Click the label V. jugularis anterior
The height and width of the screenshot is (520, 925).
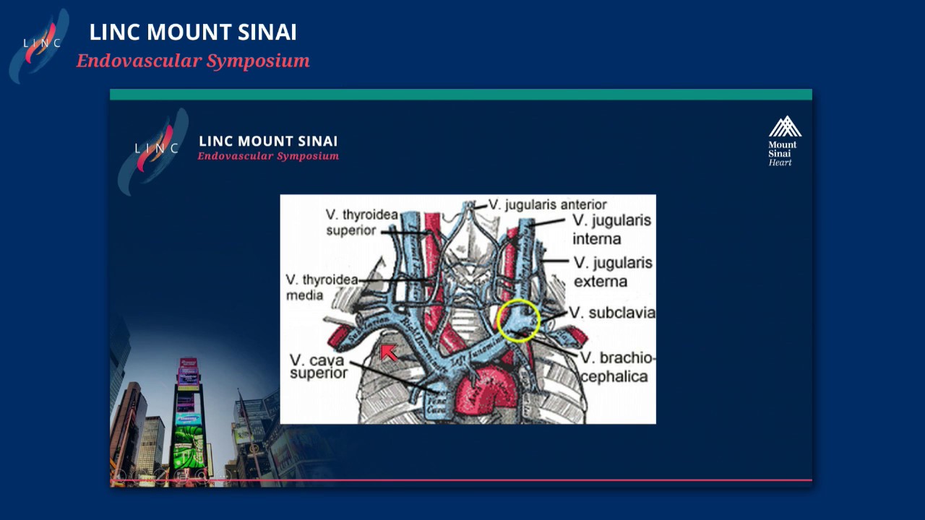(x=547, y=205)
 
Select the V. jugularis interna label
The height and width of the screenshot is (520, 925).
(x=611, y=229)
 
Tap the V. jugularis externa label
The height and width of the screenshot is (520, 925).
(x=613, y=272)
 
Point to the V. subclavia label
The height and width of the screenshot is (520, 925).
(x=612, y=313)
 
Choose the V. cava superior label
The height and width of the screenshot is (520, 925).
(x=319, y=366)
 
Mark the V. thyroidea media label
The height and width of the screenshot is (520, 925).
(x=322, y=287)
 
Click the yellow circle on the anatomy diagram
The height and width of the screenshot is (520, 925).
(x=518, y=321)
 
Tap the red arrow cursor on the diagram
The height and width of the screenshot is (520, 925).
(x=389, y=352)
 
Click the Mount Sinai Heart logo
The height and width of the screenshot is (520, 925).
(x=783, y=141)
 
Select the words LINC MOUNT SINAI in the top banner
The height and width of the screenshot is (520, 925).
(x=193, y=32)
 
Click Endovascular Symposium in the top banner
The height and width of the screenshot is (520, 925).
(x=193, y=61)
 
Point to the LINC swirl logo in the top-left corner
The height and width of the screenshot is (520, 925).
(x=40, y=45)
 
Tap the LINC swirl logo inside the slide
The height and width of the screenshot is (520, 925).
(x=154, y=149)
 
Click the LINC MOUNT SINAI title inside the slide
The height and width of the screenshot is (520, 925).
(x=268, y=141)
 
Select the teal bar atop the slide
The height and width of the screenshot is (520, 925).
(x=460, y=95)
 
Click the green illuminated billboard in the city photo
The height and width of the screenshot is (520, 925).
(x=187, y=441)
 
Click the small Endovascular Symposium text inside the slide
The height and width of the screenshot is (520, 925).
(x=268, y=156)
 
